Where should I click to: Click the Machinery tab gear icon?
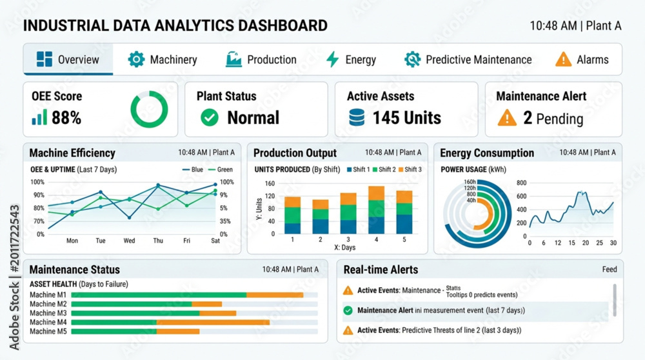click(136, 59)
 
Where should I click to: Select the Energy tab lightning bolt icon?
click(332, 59)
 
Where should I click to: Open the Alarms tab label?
click(592, 59)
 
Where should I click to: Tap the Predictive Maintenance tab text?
click(479, 59)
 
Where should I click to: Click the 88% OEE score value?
click(66, 118)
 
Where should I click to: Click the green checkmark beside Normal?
click(210, 117)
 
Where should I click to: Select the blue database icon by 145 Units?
click(357, 117)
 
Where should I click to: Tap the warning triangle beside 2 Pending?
click(507, 117)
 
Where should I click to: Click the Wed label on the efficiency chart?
click(129, 241)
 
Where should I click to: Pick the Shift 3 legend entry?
click(410, 170)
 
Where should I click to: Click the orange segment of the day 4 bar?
click(377, 194)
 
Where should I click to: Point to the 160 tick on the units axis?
click(270, 183)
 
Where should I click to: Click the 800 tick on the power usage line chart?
click(522, 183)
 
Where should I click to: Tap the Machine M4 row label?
click(48, 322)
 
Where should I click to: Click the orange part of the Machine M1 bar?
click(275, 295)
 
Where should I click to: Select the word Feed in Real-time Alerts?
click(610, 270)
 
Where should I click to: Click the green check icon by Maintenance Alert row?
click(348, 310)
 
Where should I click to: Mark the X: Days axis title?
click(344, 247)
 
